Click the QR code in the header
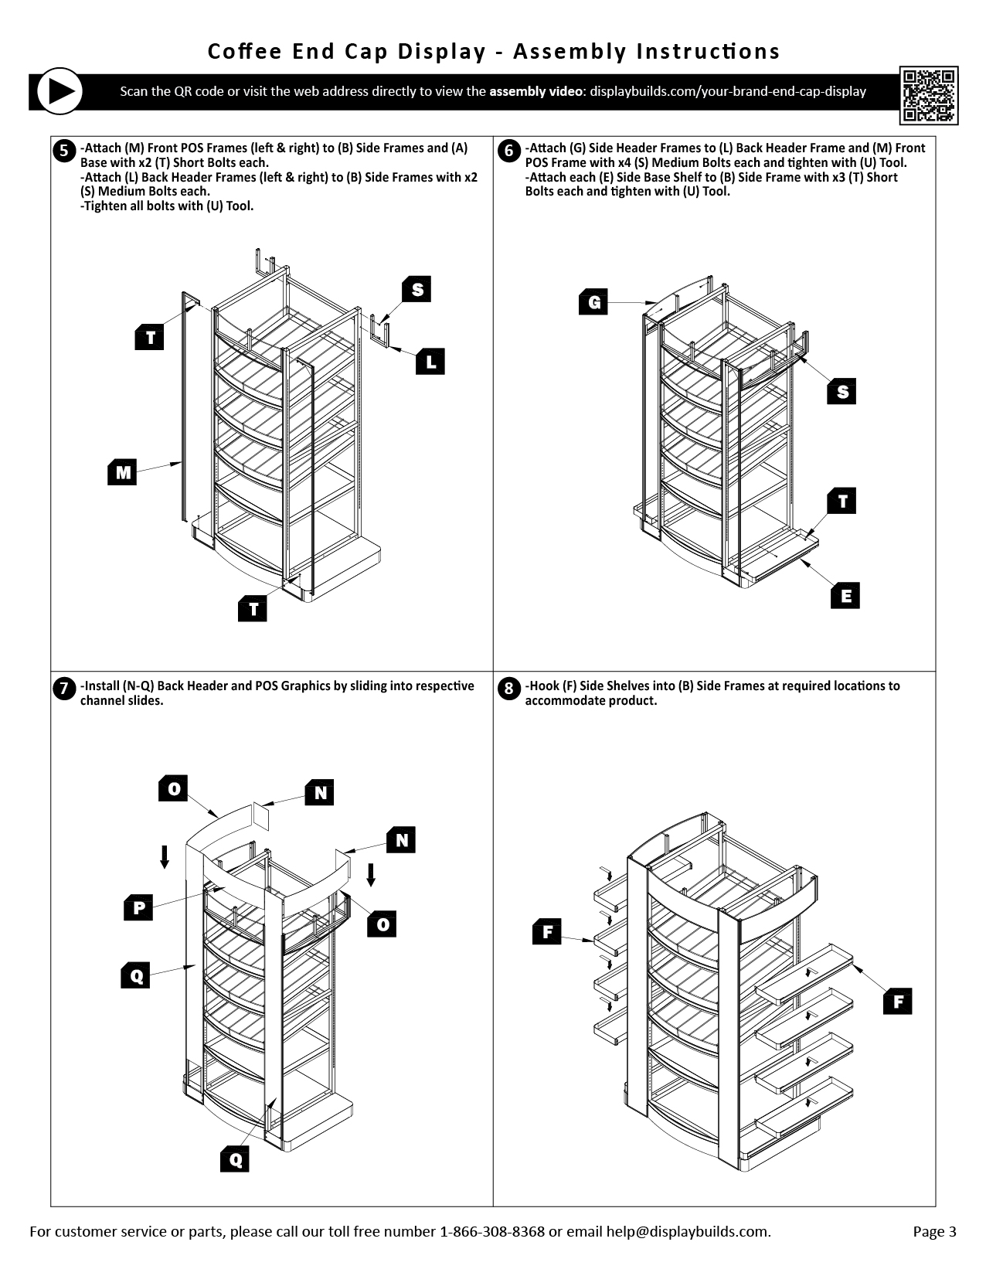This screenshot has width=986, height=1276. coord(929,96)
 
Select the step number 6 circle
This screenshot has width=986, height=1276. coord(508,150)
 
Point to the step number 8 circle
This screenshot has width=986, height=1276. coord(508,688)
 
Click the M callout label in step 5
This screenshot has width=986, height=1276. coord(122,472)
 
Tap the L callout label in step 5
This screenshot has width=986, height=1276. coord(430,361)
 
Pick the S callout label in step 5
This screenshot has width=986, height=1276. coord(416,290)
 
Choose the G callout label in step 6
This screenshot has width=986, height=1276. coord(593,301)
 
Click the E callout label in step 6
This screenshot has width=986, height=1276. coord(845,596)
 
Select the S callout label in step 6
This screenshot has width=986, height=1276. coord(841,392)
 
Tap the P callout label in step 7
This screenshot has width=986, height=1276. coord(138,907)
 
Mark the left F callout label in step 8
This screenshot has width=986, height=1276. coord(547,932)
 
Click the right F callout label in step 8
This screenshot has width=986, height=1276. coord(898,1002)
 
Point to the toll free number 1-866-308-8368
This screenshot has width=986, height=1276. coord(491,1232)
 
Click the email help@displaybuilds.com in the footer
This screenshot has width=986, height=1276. coord(687,1232)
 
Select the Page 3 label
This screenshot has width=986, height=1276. coord(934,1232)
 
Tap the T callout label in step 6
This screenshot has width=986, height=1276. coord(842,502)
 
